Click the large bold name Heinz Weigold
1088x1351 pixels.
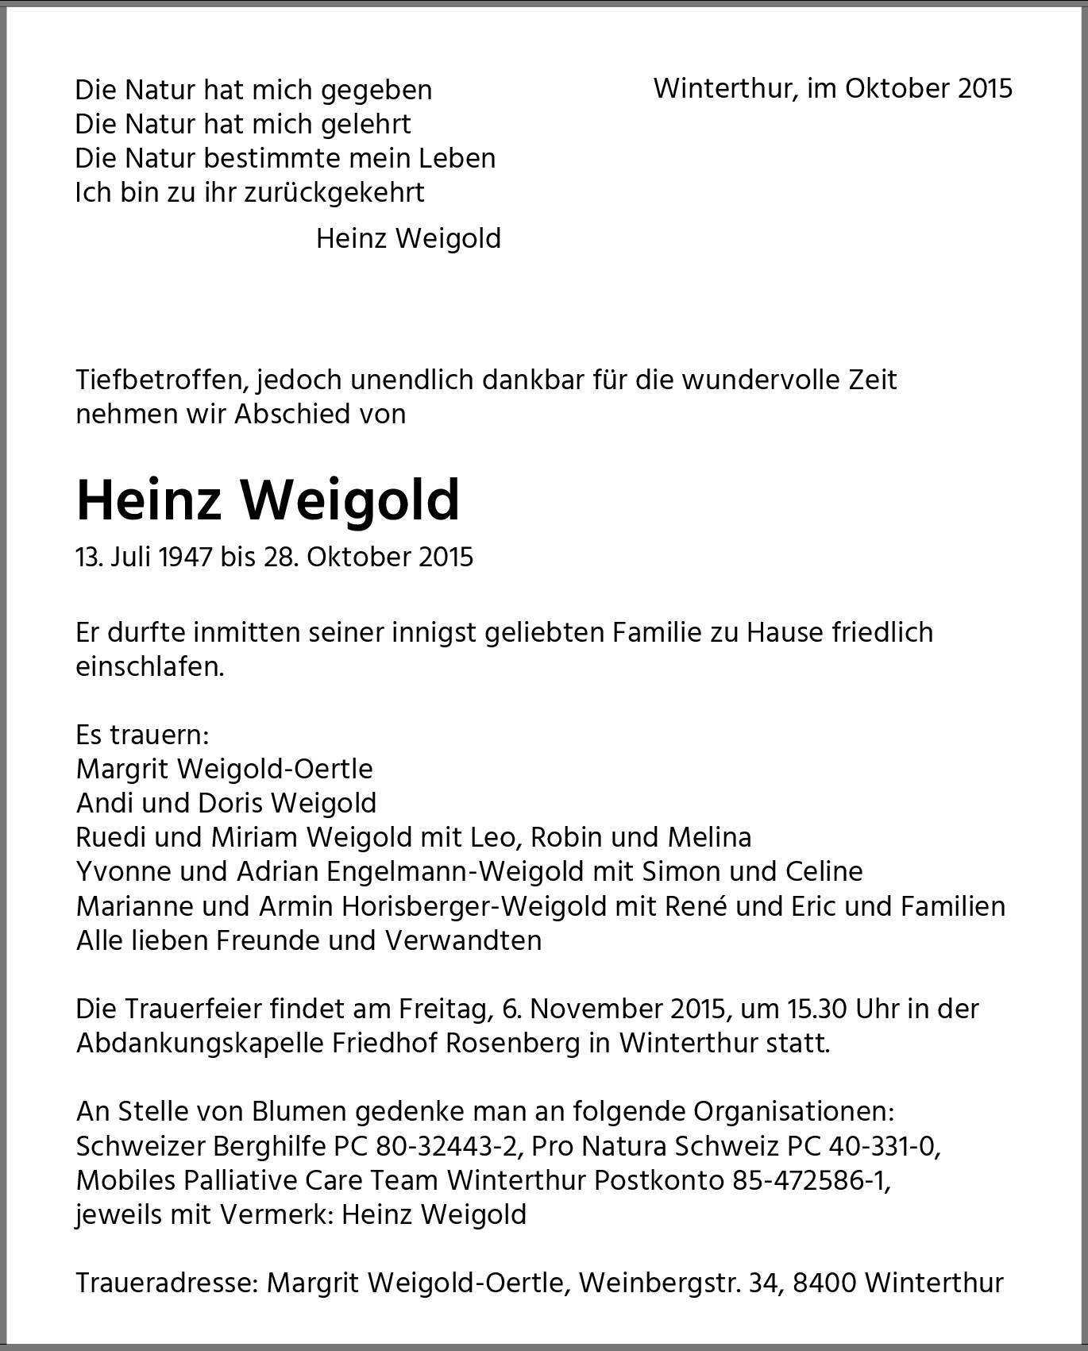(268, 500)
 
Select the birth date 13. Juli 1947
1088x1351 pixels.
(145, 557)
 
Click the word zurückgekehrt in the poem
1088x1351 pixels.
(334, 192)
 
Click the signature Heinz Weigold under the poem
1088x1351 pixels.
(408, 238)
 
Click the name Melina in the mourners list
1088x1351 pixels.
(709, 837)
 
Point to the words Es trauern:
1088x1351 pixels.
(142, 735)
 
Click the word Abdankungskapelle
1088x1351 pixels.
(199, 1043)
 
